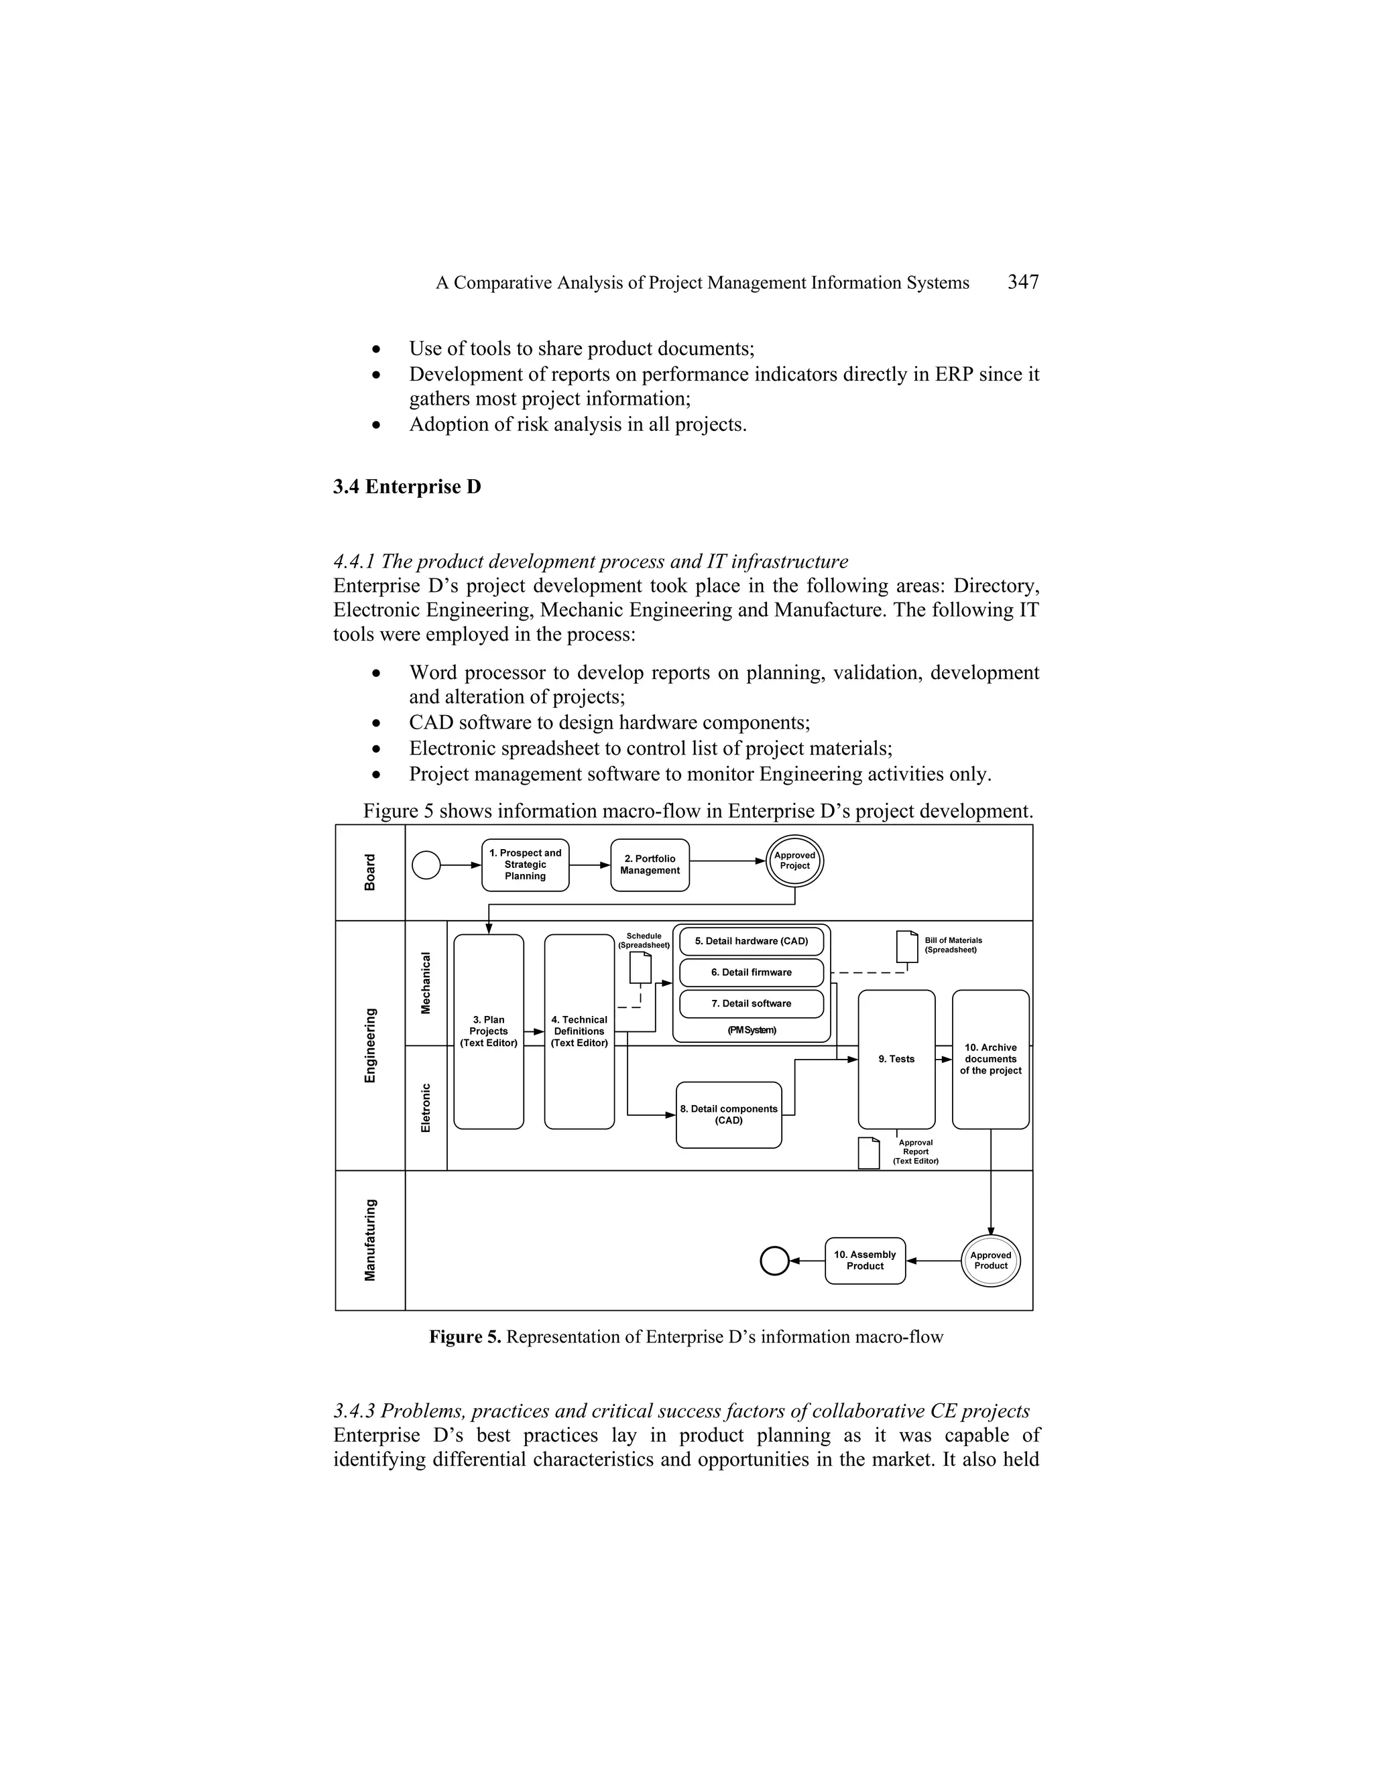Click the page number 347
pyautogui.click(x=1022, y=282)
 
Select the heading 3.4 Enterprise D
pyautogui.click(x=407, y=487)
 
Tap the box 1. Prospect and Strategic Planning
pyautogui.click(x=525, y=865)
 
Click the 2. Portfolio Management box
pyautogui.click(x=649, y=865)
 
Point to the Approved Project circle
pyautogui.click(x=794, y=861)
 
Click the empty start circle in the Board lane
pyautogui.click(x=426, y=865)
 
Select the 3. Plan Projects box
pyautogui.click(x=488, y=1031)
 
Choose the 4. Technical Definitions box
pyautogui.click(x=579, y=1031)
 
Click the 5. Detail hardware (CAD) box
pyautogui.click(x=751, y=941)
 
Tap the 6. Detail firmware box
pyautogui.click(x=751, y=972)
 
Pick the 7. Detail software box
pyautogui.click(x=751, y=1003)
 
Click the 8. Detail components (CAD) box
pyautogui.click(x=728, y=1115)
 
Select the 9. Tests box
pyautogui.click(x=896, y=1059)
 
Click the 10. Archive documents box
pyautogui.click(x=990, y=1059)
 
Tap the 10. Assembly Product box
pyautogui.click(x=865, y=1261)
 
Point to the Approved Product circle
pyautogui.click(x=990, y=1261)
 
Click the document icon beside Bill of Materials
pyautogui.click(x=906, y=946)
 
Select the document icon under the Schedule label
pyautogui.click(x=640, y=968)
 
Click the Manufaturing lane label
pyautogui.click(x=371, y=1240)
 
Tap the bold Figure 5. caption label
pyautogui.click(x=466, y=1338)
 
